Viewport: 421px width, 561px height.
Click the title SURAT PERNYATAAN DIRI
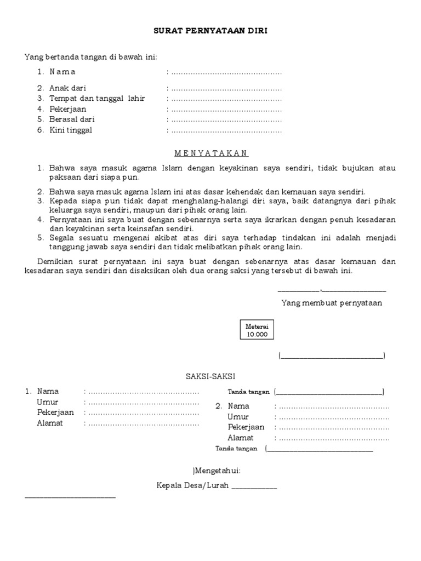coord(210,31)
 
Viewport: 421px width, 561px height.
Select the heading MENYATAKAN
coord(210,153)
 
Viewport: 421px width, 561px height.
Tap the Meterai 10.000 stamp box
coord(257,330)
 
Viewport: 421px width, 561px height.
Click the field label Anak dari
coord(67,88)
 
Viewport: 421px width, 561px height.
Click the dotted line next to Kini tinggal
coord(226,130)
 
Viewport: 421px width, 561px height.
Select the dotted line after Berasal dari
coord(226,120)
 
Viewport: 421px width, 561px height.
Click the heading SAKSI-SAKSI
coord(210,376)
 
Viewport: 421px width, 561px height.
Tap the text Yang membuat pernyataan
coord(332,303)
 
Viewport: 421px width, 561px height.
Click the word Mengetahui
coord(218,470)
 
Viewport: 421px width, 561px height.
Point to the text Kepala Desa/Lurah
coord(194,485)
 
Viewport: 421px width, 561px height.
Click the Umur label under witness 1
coord(47,402)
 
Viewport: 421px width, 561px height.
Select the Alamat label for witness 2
coord(241,438)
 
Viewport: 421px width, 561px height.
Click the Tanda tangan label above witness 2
coord(248,392)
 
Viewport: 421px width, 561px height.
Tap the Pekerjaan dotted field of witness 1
coord(143,413)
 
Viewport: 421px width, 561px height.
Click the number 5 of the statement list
coord(40,238)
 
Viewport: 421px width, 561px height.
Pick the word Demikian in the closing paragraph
coord(55,262)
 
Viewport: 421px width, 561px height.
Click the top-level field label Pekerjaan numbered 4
coord(67,109)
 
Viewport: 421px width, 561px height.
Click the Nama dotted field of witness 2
coord(333,407)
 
